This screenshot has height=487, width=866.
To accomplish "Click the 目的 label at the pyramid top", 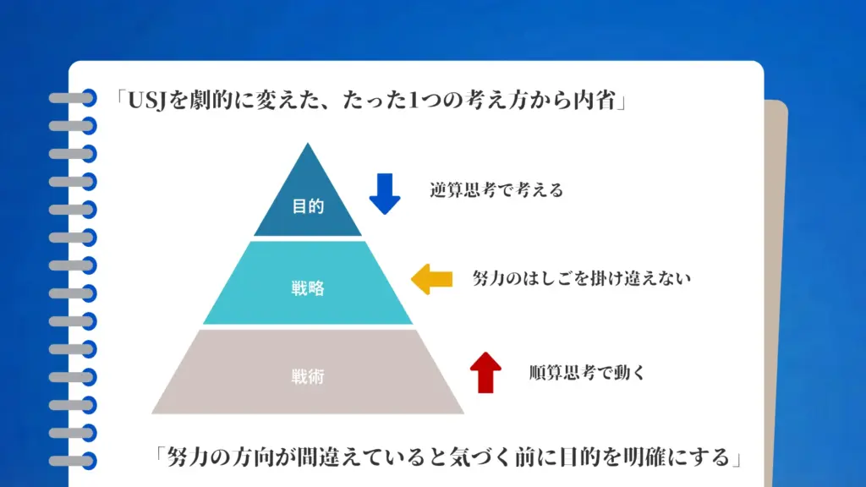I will [x=308, y=206].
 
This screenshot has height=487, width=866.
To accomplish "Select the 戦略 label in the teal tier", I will [x=308, y=288].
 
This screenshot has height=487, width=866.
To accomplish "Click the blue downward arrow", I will [x=385, y=193].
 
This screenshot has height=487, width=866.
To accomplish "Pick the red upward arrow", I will [x=485, y=373].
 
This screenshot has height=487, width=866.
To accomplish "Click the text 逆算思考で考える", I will [x=496, y=190].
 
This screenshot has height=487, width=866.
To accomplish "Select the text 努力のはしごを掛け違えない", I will [x=581, y=278].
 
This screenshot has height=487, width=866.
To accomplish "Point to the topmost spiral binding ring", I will [x=73, y=97].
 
